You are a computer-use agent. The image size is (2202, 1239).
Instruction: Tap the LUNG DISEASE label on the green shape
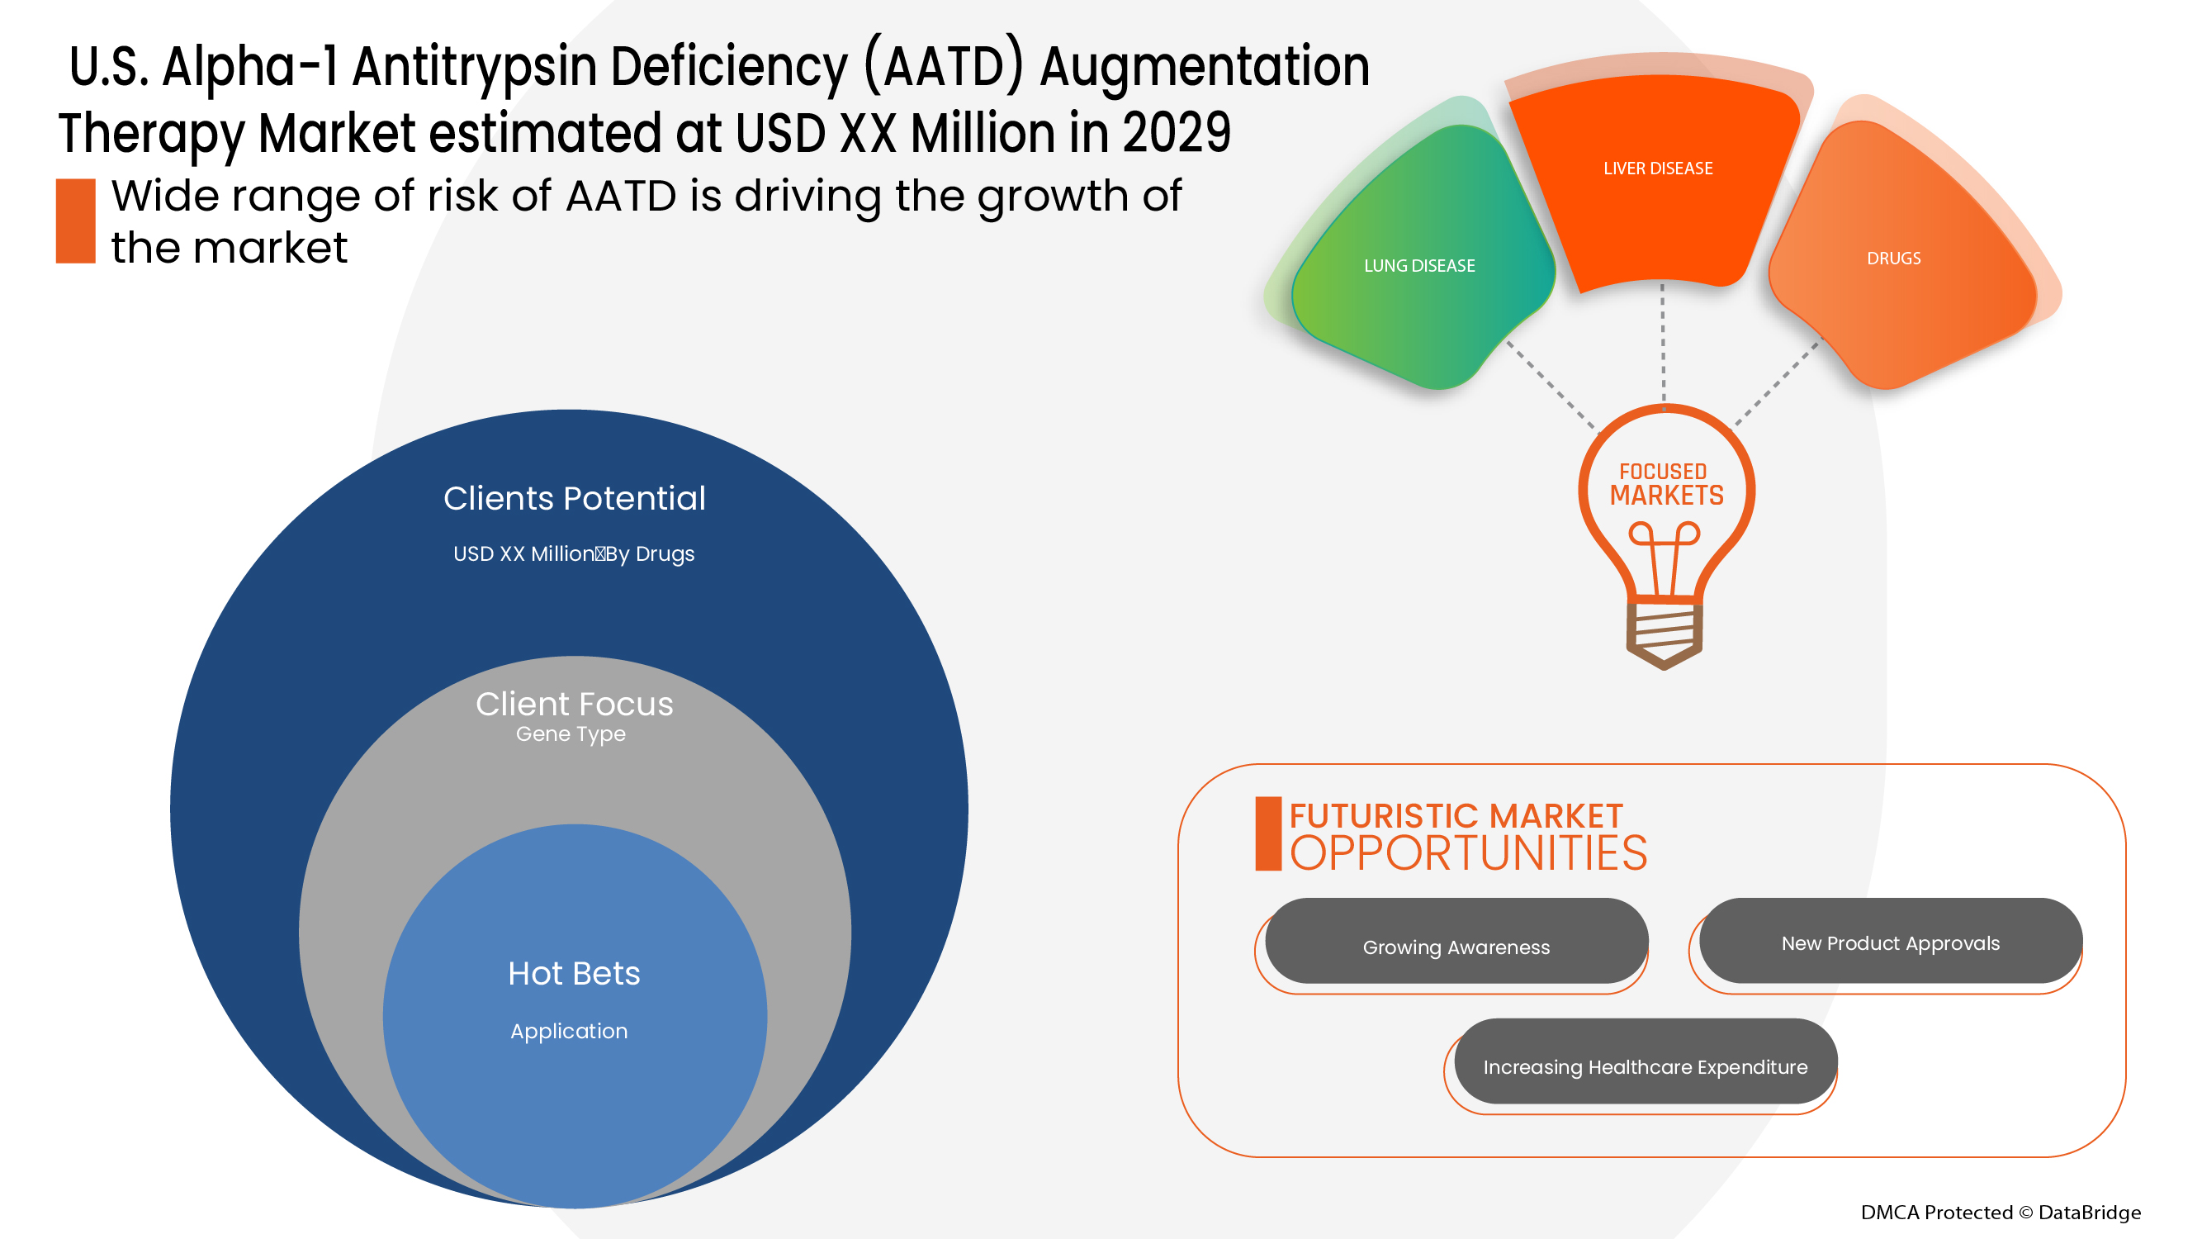[1419, 266]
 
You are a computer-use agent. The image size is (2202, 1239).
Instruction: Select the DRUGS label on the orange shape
[1892, 259]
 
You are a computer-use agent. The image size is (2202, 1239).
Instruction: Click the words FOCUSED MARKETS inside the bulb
[1665, 484]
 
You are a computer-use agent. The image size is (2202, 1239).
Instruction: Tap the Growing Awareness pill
[1456, 946]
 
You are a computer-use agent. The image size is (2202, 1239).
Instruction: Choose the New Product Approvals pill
[1889, 942]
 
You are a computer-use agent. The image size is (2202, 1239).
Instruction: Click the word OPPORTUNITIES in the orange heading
[1468, 853]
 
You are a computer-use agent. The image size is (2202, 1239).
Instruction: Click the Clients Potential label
[575, 499]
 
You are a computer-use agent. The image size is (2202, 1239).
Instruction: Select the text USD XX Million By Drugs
[574, 554]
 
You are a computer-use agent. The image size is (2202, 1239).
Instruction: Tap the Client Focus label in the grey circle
[575, 704]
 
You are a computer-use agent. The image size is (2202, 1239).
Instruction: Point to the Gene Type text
[571, 733]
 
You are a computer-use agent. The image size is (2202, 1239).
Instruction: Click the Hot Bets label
[574, 973]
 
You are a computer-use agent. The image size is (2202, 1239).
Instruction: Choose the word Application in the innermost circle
[568, 1030]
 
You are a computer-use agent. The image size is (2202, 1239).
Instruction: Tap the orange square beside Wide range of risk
[75, 221]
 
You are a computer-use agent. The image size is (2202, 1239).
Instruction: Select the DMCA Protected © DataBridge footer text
[2000, 1212]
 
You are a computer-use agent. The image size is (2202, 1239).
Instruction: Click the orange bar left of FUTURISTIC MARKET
[1267, 833]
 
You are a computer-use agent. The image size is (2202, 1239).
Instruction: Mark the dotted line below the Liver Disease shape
[1663, 342]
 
